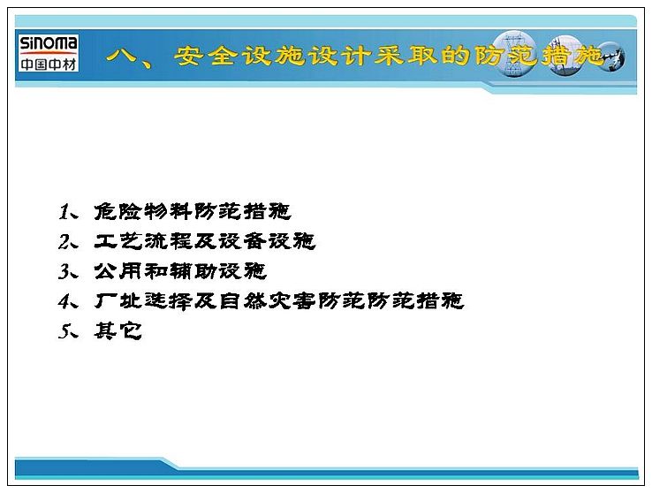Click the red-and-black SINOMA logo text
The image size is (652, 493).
click(x=49, y=43)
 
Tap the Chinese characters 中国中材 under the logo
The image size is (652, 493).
click(x=49, y=64)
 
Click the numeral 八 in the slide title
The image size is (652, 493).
click(x=121, y=56)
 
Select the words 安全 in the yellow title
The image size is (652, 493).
click(x=206, y=56)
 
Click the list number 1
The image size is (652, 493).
click(x=64, y=211)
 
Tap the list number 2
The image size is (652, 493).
click(x=64, y=241)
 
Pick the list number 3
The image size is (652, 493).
click(x=64, y=271)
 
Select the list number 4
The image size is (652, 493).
click(x=64, y=301)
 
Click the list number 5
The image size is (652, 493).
click(x=64, y=331)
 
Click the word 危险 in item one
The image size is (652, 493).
click(x=118, y=211)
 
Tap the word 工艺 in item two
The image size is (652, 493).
click(x=118, y=241)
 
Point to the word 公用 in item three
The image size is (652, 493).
click(x=118, y=271)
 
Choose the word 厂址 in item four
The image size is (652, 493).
click(x=118, y=301)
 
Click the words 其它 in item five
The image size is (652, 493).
click(x=118, y=331)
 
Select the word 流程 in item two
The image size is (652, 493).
click(x=168, y=241)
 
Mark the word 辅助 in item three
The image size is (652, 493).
click(x=193, y=271)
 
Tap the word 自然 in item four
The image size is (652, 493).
click(x=243, y=301)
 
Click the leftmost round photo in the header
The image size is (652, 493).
click(x=514, y=55)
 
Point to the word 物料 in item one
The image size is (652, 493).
click(x=168, y=211)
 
